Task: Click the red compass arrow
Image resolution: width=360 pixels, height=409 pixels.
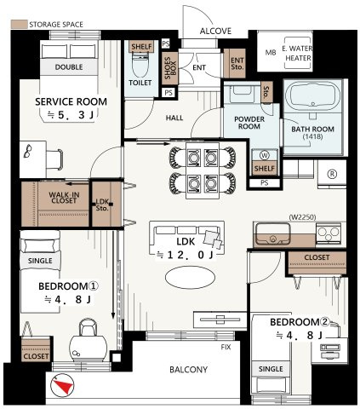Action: pos(65,386)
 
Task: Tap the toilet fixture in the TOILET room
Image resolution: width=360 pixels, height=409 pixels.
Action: pos(140,65)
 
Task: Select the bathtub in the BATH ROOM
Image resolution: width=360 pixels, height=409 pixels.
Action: pos(312,95)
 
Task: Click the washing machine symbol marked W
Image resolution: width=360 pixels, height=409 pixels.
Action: pos(265,155)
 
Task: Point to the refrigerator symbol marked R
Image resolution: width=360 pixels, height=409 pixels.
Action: pos(332,174)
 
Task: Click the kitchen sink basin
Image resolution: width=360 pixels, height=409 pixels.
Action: pos(273,233)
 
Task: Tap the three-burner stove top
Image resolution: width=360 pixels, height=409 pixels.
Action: pos(329,233)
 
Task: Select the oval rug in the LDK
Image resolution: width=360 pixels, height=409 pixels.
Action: pos(190,278)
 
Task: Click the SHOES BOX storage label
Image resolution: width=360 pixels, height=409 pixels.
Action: pos(170,68)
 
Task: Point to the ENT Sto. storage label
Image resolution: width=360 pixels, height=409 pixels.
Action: pos(237,64)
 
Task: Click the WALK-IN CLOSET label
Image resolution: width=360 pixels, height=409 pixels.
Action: pos(64,198)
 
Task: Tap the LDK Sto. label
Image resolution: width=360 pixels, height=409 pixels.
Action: pos(102,204)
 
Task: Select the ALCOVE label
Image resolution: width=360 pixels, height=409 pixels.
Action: pos(215,31)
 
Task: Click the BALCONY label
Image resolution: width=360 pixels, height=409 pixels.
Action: pos(189,370)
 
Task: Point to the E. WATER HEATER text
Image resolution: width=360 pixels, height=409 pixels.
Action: pos(297,53)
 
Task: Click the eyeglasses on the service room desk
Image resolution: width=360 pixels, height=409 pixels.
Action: pos(28,151)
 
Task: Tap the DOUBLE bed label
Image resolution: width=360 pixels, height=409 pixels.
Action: pos(69,67)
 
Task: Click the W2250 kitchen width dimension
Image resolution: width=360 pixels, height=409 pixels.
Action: pos(302,217)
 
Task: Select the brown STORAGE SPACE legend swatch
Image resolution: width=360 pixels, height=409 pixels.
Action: pos(20,24)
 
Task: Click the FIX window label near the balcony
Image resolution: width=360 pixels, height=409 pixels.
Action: pos(226,347)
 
